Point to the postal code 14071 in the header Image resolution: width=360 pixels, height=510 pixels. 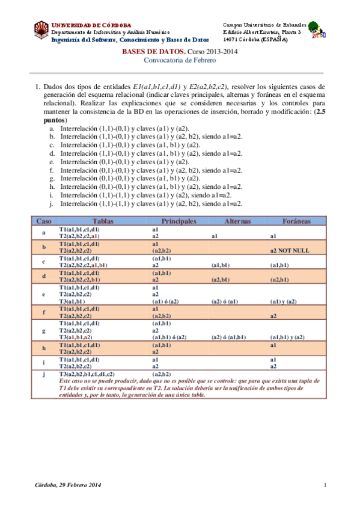click(232, 39)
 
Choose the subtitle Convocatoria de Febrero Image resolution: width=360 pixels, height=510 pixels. click(179, 61)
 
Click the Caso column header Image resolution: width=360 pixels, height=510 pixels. click(44, 221)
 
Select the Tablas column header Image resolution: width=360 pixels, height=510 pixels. click(103, 221)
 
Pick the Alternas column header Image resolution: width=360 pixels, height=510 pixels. click(237, 221)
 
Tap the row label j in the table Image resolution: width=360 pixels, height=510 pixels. click(44, 374)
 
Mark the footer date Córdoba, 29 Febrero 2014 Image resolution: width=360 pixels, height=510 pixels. click(67, 485)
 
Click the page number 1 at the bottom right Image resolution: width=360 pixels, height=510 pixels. click(325, 485)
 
